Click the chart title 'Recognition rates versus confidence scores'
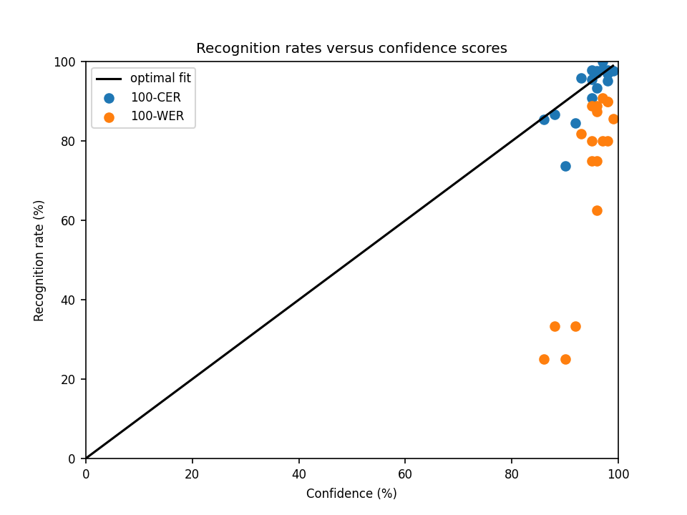click(351, 49)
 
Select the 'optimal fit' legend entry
click(160, 78)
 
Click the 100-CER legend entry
click(155, 97)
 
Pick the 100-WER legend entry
click(157, 117)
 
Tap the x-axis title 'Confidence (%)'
click(351, 494)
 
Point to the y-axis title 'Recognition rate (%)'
click(39, 260)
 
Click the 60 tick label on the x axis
click(405, 474)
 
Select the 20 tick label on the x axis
click(192, 474)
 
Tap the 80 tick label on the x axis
click(512, 474)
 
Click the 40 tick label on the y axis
click(69, 300)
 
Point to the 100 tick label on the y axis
click(66, 62)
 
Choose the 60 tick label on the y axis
click(69, 220)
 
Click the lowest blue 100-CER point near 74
click(565, 166)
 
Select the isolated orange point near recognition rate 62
click(597, 210)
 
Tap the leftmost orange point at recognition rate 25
click(544, 359)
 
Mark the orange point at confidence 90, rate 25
click(565, 359)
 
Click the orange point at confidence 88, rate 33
click(555, 326)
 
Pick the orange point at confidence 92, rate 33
click(575, 326)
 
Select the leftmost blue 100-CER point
click(544, 119)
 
